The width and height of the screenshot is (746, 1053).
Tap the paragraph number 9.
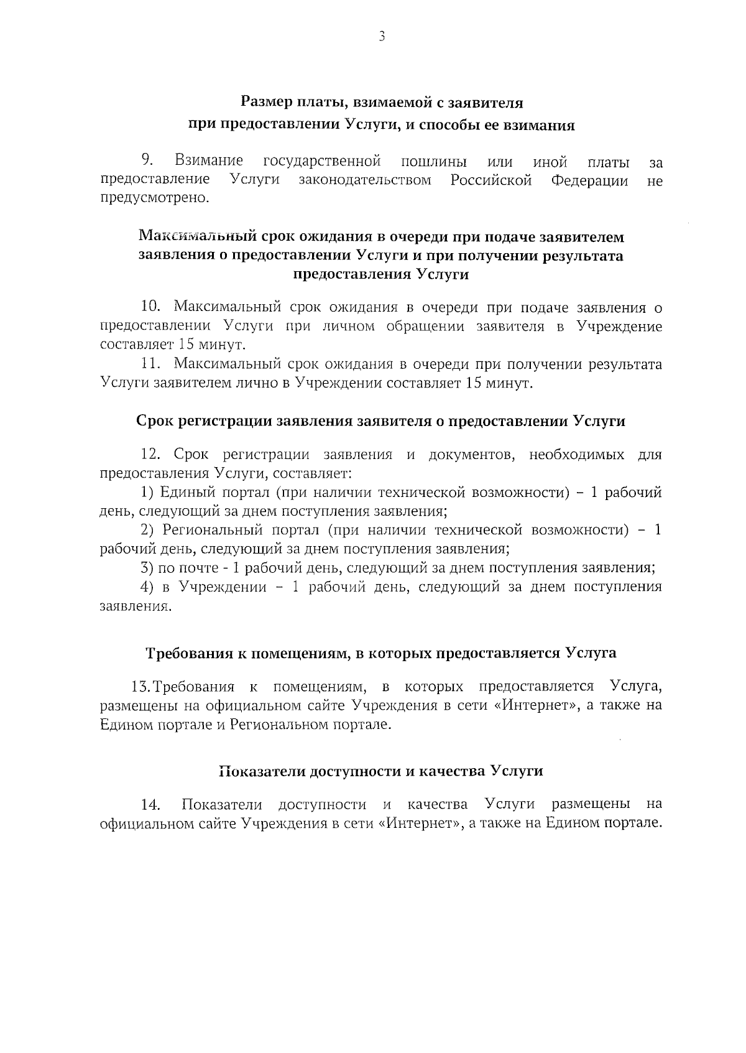(x=147, y=160)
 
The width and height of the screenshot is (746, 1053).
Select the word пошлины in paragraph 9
(x=433, y=162)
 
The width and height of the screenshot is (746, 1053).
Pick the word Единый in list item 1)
(x=181, y=493)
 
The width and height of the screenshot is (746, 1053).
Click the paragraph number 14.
(x=151, y=805)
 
